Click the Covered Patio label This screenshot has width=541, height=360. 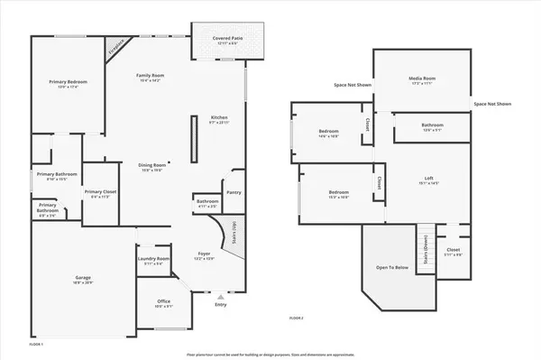[x=228, y=39]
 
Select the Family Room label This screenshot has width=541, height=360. [x=149, y=76]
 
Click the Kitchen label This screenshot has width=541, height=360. [x=219, y=118]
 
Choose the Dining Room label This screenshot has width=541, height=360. [x=151, y=165]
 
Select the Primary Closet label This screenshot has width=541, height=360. [x=98, y=191]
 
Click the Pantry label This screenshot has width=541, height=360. [x=234, y=191]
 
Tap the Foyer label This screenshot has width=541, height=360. [x=205, y=255]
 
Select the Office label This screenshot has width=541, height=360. [x=163, y=301]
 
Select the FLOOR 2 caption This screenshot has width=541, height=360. [x=297, y=318]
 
